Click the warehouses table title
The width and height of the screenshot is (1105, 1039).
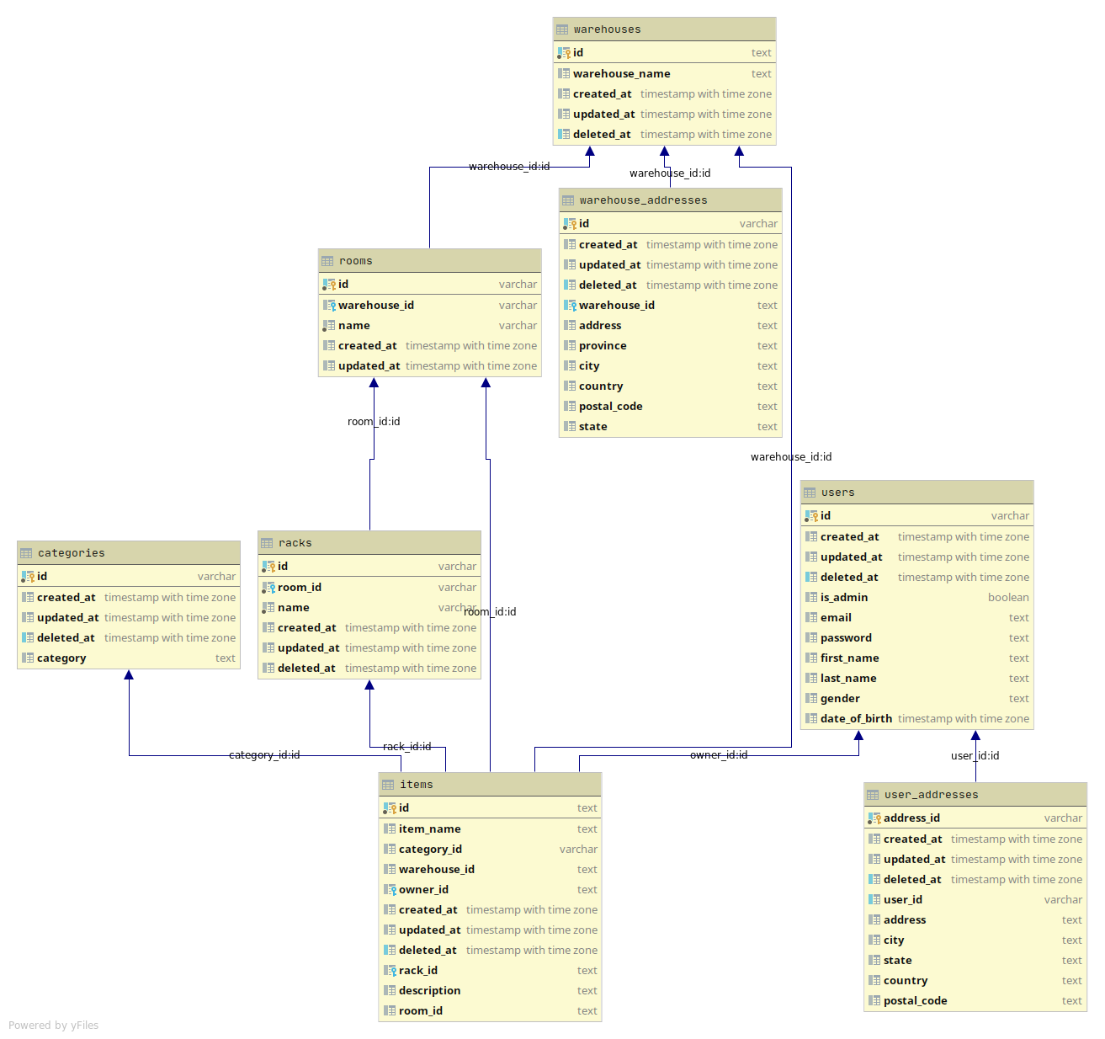click(607, 29)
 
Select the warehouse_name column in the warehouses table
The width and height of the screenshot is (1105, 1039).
click(621, 74)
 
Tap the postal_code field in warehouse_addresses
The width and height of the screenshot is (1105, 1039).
click(610, 407)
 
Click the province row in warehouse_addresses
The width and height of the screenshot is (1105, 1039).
click(603, 346)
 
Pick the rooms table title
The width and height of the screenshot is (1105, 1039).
click(355, 261)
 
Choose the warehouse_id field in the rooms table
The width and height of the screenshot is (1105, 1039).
click(375, 306)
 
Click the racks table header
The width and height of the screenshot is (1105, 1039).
click(295, 543)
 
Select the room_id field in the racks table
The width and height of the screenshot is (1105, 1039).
click(299, 588)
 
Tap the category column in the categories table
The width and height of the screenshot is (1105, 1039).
click(61, 658)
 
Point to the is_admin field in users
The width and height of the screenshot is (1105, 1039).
click(843, 598)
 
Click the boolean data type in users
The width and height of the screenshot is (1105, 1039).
click(1008, 598)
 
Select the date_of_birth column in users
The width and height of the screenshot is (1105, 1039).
click(856, 719)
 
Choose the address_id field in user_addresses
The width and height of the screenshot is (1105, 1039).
click(911, 818)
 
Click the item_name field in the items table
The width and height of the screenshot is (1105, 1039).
click(429, 829)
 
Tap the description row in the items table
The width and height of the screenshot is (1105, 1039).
click(429, 991)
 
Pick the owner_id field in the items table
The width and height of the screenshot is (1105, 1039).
click(423, 890)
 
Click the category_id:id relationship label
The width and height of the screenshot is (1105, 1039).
click(264, 755)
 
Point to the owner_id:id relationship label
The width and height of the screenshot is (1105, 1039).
click(719, 755)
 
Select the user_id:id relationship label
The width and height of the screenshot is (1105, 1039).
click(975, 756)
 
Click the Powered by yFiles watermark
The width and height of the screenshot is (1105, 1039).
click(54, 1026)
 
